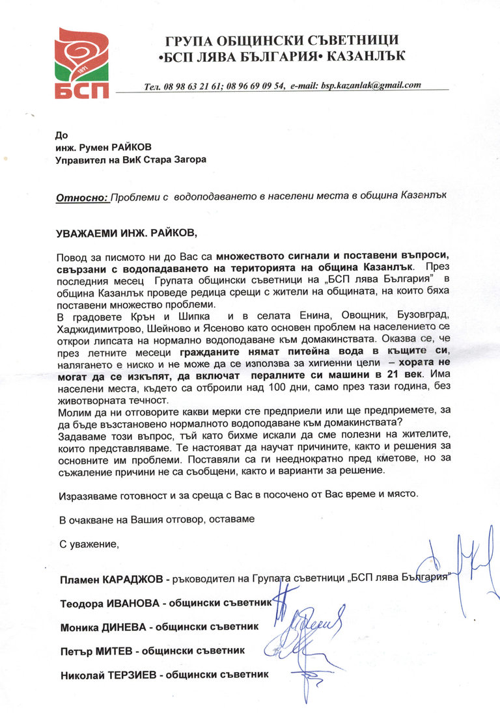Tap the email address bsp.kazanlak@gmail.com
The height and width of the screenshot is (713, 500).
368,85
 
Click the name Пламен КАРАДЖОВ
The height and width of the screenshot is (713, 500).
111,578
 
